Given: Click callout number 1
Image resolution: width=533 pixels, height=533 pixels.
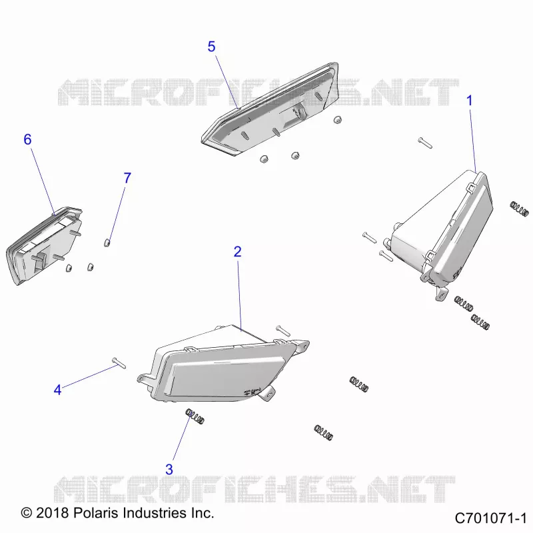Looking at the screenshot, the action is click(470, 101).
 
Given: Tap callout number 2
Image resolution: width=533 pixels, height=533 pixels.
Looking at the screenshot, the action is click(238, 252).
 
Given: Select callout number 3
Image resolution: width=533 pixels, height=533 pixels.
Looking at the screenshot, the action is click(169, 470).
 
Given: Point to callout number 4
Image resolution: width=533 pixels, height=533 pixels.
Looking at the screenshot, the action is click(58, 390).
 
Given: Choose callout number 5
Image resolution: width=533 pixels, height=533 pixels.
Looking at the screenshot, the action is click(211, 47).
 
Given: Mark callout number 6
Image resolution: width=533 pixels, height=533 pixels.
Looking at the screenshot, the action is click(27, 139).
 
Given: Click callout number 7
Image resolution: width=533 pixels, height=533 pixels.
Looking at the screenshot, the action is click(127, 178).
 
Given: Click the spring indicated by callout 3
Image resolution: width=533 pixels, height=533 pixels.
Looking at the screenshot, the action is click(195, 416).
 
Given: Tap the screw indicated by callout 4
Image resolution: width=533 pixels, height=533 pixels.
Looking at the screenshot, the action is click(119, 362).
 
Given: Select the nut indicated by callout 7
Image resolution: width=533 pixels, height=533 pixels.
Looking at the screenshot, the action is click(107, 243).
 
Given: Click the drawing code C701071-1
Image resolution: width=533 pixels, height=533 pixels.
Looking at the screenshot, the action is click(490, 518).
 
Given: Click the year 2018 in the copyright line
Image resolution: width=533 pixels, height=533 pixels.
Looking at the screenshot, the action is click(53, 512).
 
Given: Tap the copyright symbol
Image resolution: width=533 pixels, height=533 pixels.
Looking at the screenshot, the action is click(27, 513).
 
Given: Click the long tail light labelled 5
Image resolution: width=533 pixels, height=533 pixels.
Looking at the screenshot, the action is click(270, 109).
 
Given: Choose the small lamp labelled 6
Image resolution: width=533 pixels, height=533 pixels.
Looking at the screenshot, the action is click(43, 244).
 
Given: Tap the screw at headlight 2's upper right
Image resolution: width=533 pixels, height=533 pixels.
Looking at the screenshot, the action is click(283, 330).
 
